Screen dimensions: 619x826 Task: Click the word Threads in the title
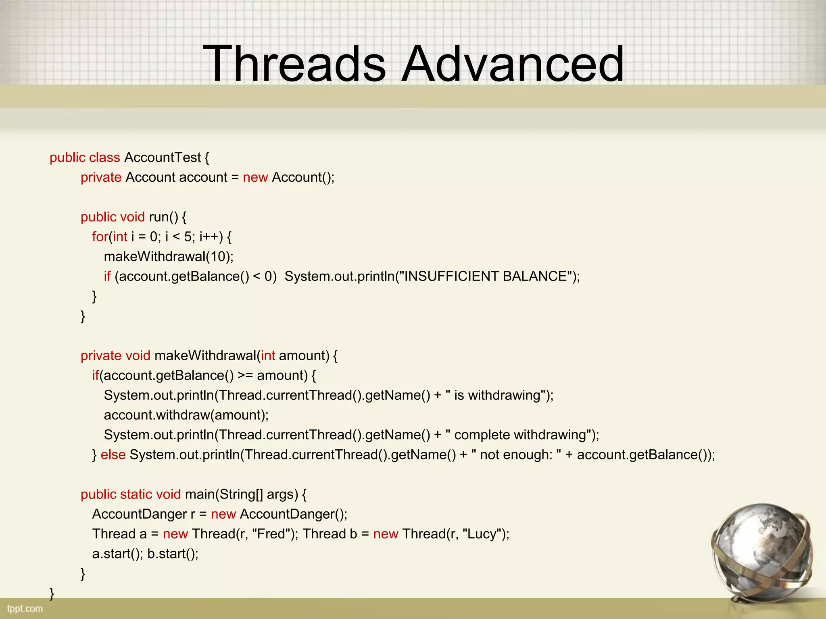294,64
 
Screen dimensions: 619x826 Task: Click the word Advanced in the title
513,64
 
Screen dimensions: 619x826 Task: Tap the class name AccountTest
163,158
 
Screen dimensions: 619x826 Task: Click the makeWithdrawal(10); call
169,257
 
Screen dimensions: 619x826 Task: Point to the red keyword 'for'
100,237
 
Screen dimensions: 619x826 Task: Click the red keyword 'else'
113,455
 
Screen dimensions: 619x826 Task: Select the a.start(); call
117,554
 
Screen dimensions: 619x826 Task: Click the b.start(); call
173,554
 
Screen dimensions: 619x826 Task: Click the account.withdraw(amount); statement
186,415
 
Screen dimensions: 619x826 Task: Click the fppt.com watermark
25,608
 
